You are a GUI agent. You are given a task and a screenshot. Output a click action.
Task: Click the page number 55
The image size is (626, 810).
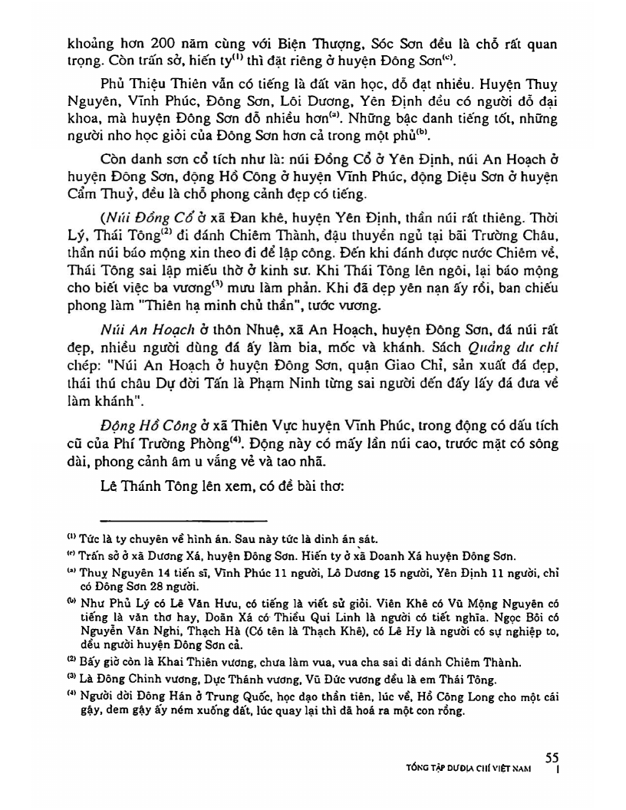click(552, 756)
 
